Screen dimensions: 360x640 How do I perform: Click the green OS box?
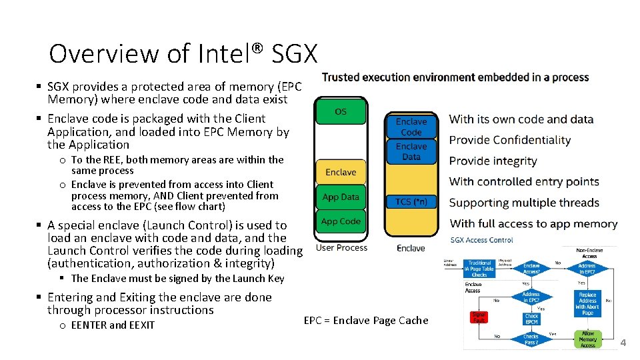(x=341, y=111)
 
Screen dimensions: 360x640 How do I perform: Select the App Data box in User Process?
(x=341, y=197)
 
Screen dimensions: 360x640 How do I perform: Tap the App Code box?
(x=341, y=221)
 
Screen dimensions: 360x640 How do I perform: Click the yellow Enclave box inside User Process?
(x=341, y=172)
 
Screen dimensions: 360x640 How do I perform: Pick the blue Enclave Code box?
(x=411, y=127)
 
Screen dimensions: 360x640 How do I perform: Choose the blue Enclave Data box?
(x=411, y=151)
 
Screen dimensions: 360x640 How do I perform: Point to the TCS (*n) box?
(x=411, y=201)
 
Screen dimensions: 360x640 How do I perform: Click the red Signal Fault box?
(x=478, y=317)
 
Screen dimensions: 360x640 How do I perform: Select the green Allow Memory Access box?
(x=587, y=339)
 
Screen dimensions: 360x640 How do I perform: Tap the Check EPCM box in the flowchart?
(x=531, y=319)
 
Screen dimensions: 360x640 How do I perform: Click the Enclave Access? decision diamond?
(x=531, y=269)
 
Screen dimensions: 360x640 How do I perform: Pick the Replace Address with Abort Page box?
(x=587, y=303)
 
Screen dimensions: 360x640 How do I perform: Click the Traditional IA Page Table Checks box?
(x=479, y=269)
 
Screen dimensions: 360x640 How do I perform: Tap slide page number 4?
(x=623, y=343)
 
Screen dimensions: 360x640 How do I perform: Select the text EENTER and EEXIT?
(x=113, y=325)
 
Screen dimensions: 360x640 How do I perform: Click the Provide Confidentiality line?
(x=510, y=140)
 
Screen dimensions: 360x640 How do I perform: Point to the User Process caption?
(x=341, y=248)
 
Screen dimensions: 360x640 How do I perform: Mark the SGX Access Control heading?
(x=481, y=240)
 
